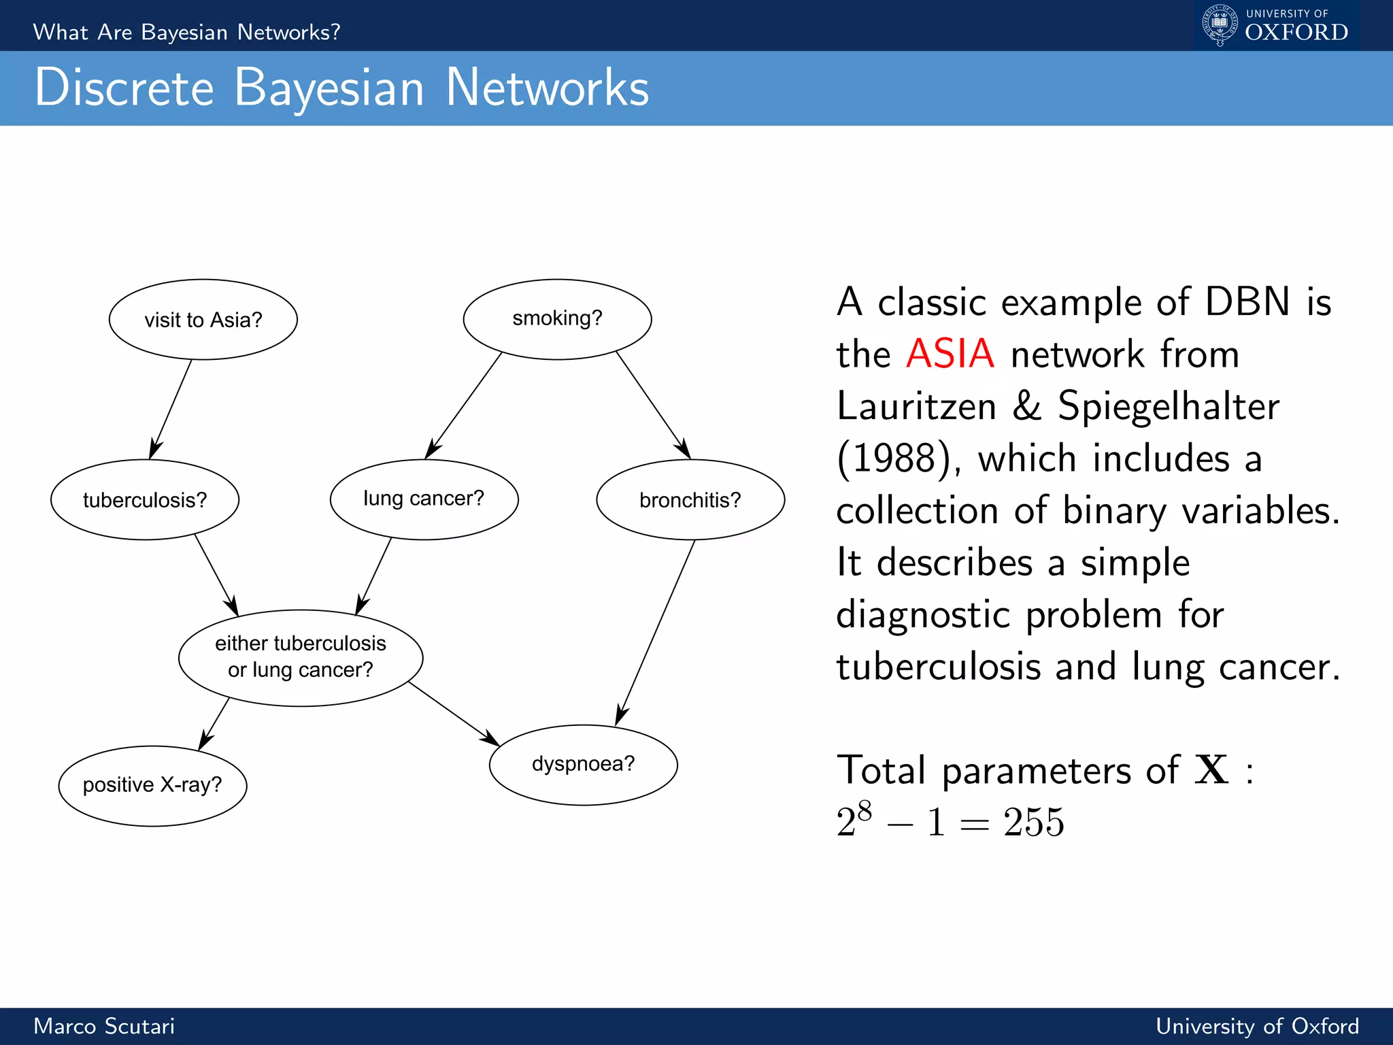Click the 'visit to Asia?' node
[203, 320]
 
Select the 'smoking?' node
[557, 319]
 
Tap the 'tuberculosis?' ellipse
[145, 500]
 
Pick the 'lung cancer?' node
[424, 499]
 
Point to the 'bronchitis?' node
[690, 500]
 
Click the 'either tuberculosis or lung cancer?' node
[301, 657]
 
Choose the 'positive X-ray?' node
[152, 786]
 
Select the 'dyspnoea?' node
[583, 765]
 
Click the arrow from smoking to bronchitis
[653, 405]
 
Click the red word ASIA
[950, 354]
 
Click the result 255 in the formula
[1033, 822]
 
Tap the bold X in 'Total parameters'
[1211, 770]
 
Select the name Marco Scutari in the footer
[104, 1026]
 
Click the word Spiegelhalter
[1168, 406]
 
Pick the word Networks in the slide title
[547, 88]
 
